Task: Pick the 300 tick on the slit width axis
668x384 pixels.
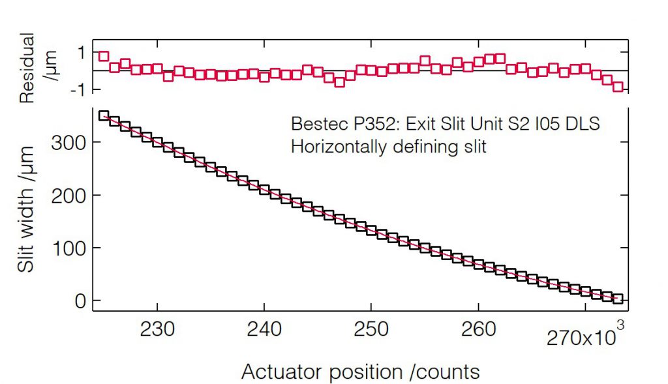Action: pos(69,142)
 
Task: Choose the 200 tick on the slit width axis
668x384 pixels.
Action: pos(69,195)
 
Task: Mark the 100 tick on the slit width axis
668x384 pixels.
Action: pos(69,248)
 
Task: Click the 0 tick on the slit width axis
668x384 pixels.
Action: pos(80,301)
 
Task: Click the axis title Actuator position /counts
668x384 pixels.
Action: pos(360,372)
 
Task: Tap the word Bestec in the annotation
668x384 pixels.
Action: pos(314,124)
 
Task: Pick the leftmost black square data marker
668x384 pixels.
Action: pos(103,115)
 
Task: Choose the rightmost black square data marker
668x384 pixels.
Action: pos(618,299)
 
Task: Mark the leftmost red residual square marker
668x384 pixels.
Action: pos(103,56)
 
